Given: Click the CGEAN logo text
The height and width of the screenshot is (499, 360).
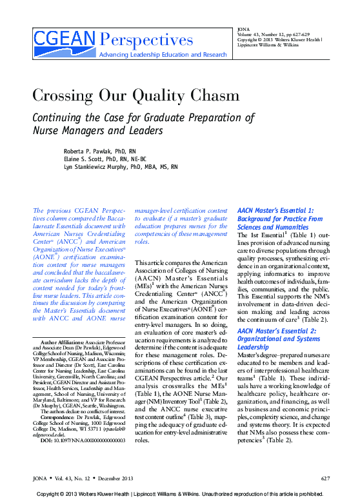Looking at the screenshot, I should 65,40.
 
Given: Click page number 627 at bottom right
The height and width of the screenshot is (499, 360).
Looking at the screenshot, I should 325,478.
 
